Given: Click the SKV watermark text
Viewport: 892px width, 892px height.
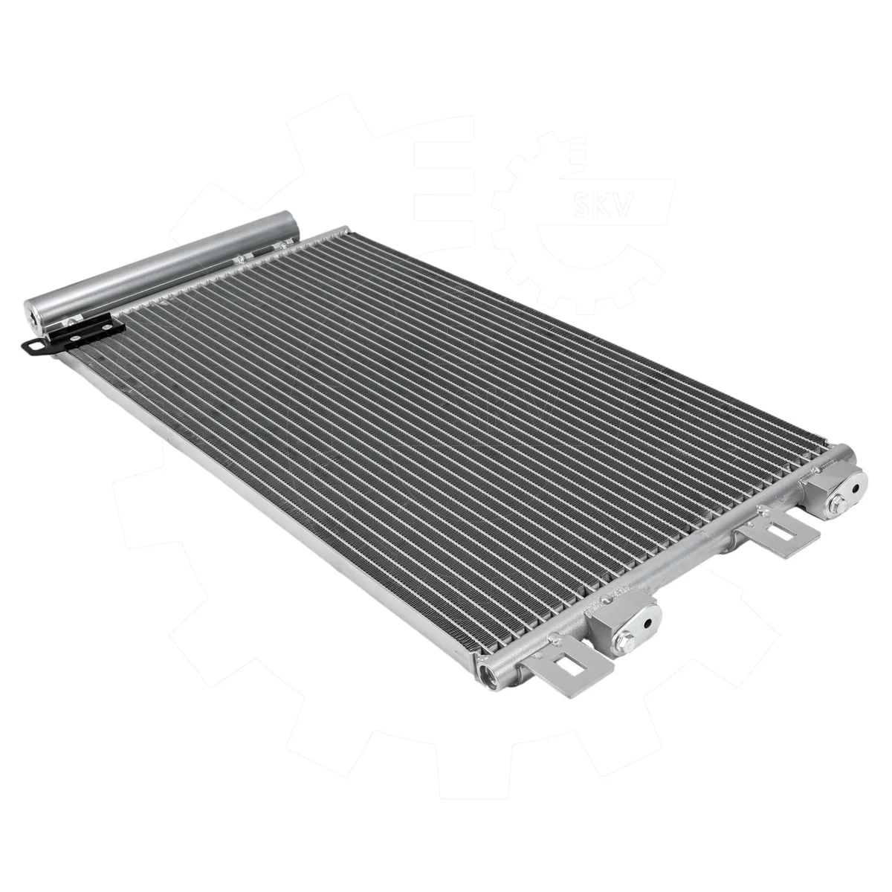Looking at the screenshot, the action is pyautogui.click(x=601, y=210).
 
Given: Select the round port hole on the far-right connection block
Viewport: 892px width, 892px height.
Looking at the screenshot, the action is pyautogui.click(x=856, y=488).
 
